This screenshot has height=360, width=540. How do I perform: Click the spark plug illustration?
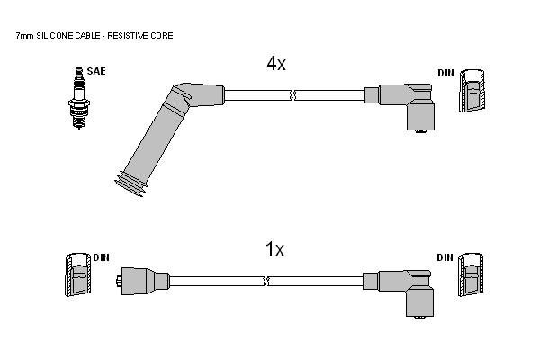pyautogui.click(x=79, y=98)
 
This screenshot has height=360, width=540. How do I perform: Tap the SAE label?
pyautogui.click(x=96, y=71)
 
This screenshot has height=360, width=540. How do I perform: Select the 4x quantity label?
pyautogui.click(x=276, y=63)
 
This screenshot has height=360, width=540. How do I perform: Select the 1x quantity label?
pyautogui.click(x=274, y=248)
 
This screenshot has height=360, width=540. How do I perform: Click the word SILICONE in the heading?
pyautogui.click(x=53, y=35)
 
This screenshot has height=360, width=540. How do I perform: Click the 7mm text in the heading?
pyautogui.click(x=25, y=35)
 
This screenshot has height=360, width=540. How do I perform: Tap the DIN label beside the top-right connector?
pyautogui.click(x=446, y=73)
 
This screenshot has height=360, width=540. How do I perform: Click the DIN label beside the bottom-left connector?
pyautogui.click(x=101, y=257)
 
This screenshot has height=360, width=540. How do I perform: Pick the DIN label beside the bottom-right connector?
pyautogui.click(x=445, y=257)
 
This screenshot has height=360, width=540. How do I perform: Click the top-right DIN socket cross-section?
pyautogui.click(x=472, y=90)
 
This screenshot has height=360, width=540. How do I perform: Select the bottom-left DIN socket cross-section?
pyautogui.click(x=78, y=274)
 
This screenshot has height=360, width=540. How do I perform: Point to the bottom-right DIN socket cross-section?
pyautogui.click(x=471, y=274)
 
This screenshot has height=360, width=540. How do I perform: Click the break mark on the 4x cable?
pyautogui.click(x=292, y=95)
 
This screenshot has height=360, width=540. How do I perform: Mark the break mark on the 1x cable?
pyautogui.click(x=265, y=281)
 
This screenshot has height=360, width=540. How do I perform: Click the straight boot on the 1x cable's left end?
pyautogui.click(x=142, y=281)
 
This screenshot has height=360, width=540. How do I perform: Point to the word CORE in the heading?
pyautogui.click(x=162, y=35)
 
